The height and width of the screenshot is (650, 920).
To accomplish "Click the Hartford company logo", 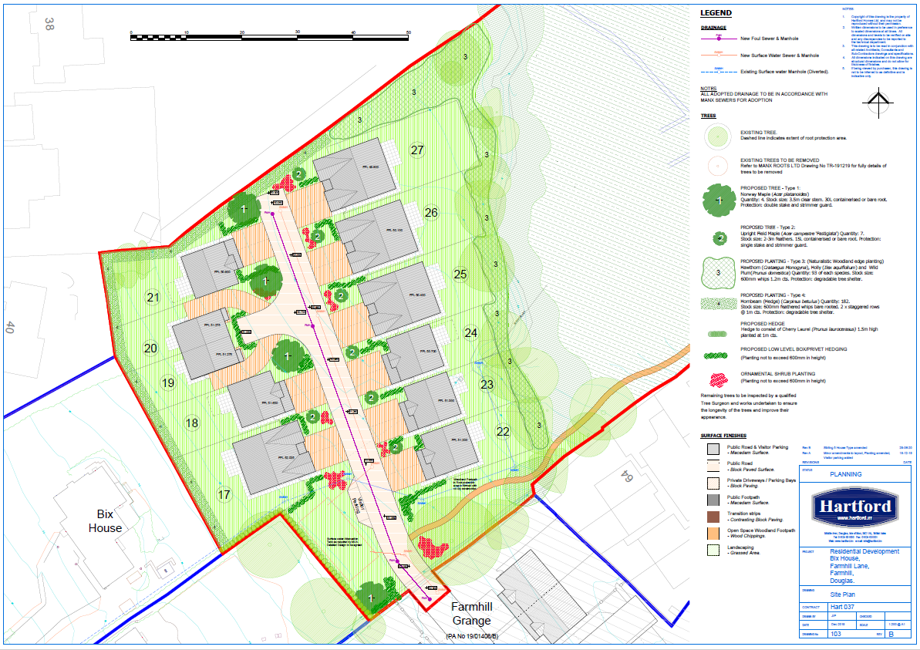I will click(x=855, y=508).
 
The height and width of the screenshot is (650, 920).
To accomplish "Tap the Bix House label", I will click(x=105, y=520).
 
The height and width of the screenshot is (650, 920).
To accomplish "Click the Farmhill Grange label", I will click(x=472, y=614).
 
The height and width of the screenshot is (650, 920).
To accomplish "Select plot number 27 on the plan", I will click(x=417, y=150).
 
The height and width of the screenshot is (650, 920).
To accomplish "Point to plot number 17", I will click(x=224, y=494).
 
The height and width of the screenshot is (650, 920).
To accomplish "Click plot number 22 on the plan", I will click(x=503, y=431).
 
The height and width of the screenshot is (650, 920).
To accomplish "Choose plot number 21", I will click(x=153, y=298).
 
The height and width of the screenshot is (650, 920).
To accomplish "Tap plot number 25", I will click(x=460, y=274).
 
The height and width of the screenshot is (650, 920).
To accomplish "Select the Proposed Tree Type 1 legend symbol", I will click(x=719, y=200).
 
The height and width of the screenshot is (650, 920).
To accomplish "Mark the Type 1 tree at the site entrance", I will click(x=371, y=597).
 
